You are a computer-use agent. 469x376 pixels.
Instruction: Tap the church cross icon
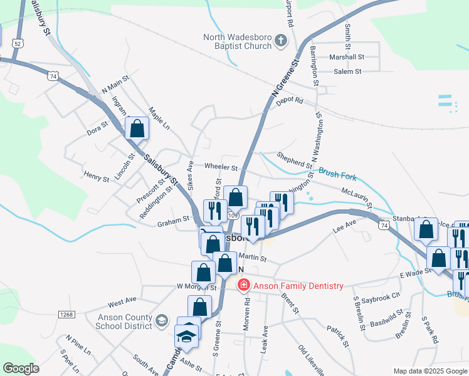click(x=280, y=41)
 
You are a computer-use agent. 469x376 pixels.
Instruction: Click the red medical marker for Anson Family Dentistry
click(x=243, y=286)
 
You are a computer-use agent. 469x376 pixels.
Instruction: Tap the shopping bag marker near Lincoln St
click(x=137, y=128)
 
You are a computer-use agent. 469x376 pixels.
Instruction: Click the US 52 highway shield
click(x=18, y=43)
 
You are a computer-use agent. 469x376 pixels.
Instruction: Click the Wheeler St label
click(x=221, y=167)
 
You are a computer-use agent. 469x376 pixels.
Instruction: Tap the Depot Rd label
click(x=289, y=100)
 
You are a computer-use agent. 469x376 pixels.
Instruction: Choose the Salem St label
click(x=348, y=71)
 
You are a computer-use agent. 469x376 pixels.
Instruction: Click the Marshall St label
click(x=347, y=56)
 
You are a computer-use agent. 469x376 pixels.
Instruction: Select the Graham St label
click(x=173, y=220)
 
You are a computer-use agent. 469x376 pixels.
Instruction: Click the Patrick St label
click(x=337, y=335)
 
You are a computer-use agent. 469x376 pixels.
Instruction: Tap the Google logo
click(x=21, y=368)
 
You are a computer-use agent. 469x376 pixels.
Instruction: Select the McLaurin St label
click(x=357, y=197)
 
